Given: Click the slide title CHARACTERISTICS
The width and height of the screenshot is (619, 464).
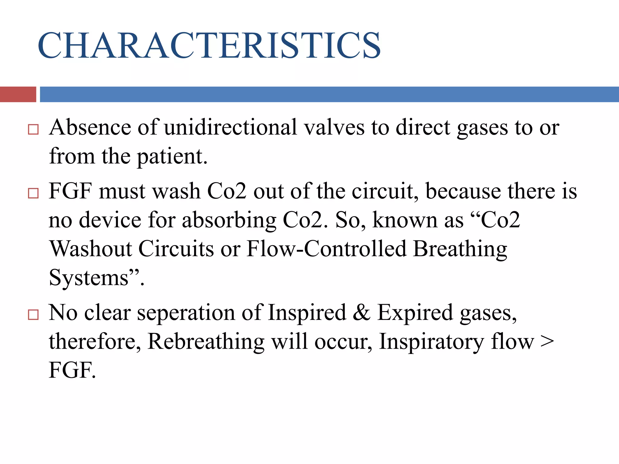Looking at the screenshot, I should click(209, 45).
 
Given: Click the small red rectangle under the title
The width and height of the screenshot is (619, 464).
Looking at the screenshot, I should click(18, 94).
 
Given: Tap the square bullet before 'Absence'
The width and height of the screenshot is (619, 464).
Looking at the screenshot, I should click(33, 129).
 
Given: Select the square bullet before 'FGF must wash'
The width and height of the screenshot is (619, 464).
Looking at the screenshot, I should click(33, 193).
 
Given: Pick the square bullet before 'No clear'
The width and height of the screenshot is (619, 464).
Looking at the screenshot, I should click(33, 314).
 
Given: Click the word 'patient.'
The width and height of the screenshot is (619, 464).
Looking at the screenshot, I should click(172, 156).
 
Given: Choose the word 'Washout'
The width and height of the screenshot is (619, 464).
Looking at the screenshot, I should click(91, 249).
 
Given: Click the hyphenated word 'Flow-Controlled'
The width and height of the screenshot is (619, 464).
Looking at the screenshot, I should click(326, 249).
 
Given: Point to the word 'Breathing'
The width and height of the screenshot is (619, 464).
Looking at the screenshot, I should click(460, 249).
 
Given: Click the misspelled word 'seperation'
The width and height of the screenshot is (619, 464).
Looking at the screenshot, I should click(186, 313).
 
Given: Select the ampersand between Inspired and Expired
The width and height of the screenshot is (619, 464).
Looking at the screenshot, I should click(361, 312).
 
